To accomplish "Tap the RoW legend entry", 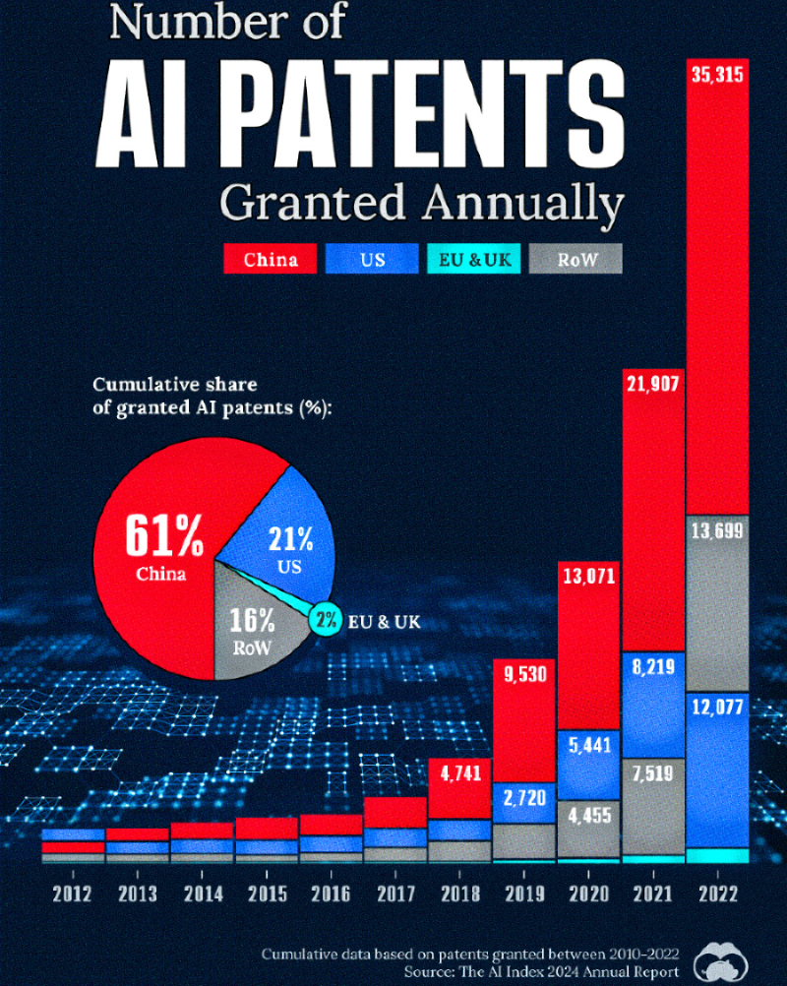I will tap(575, 260).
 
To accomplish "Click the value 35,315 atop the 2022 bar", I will tap(717, 76).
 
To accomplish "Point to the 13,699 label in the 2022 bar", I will tap(717, 530).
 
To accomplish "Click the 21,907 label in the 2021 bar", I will tap(652, 385).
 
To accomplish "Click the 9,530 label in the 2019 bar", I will tap(524, 675).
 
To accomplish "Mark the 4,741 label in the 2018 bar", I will tap(459, 773).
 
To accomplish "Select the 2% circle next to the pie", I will tap(326, 620).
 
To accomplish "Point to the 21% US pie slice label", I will tap(290, 548).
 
